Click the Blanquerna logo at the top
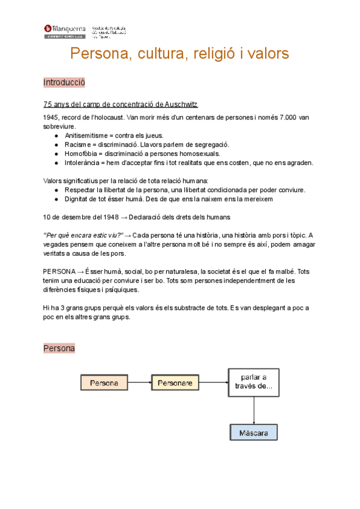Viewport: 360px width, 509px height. coord(64,31)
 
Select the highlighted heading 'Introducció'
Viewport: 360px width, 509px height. coord(64,82)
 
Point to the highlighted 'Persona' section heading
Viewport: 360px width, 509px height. coord(59,348)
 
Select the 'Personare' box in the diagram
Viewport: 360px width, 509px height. coord(175,382)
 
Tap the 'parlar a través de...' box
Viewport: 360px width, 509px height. coord(254,382)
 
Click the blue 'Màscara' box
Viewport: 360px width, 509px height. coord(254,432)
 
